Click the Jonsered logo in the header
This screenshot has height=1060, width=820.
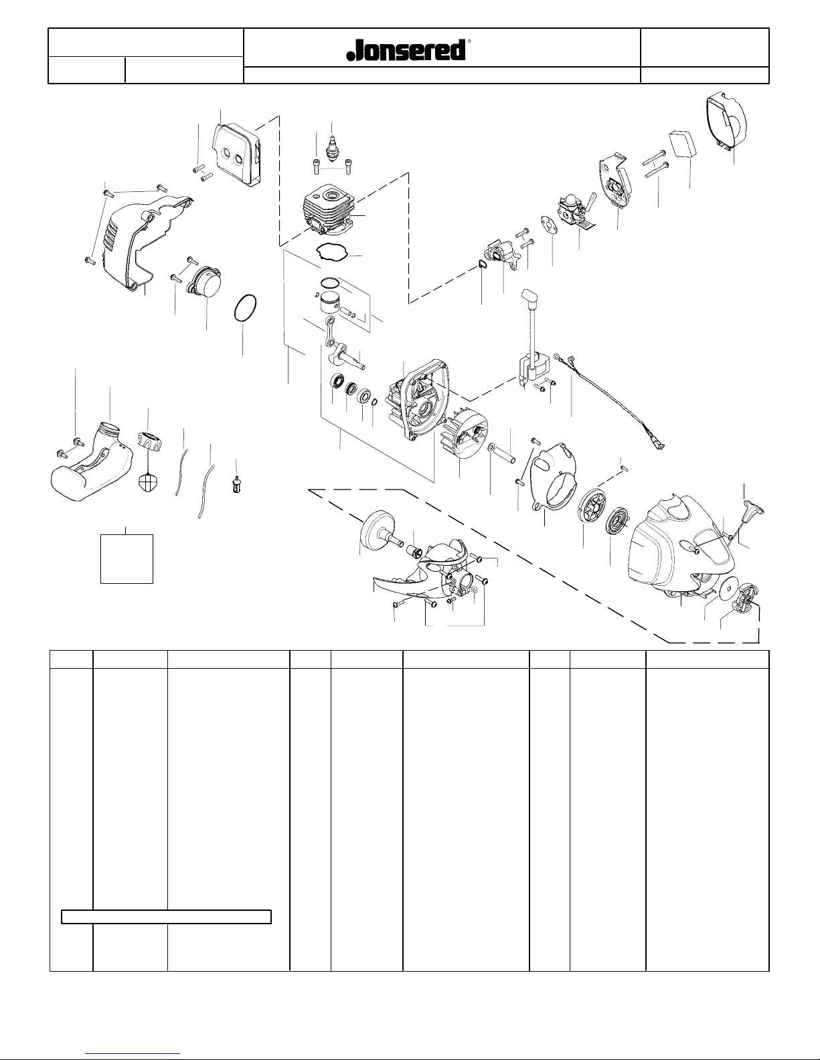point(406,50)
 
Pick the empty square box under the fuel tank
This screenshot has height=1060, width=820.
point(127,558)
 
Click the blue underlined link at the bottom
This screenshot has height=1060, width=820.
point(133,1054)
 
